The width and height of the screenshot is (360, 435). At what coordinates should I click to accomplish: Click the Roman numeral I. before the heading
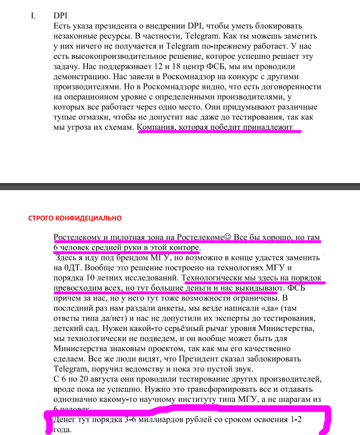pos(33,16)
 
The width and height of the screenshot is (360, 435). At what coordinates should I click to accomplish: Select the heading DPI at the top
pos(60,16)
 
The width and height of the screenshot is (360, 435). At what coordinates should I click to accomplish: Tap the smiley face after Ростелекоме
pos(227,237)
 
